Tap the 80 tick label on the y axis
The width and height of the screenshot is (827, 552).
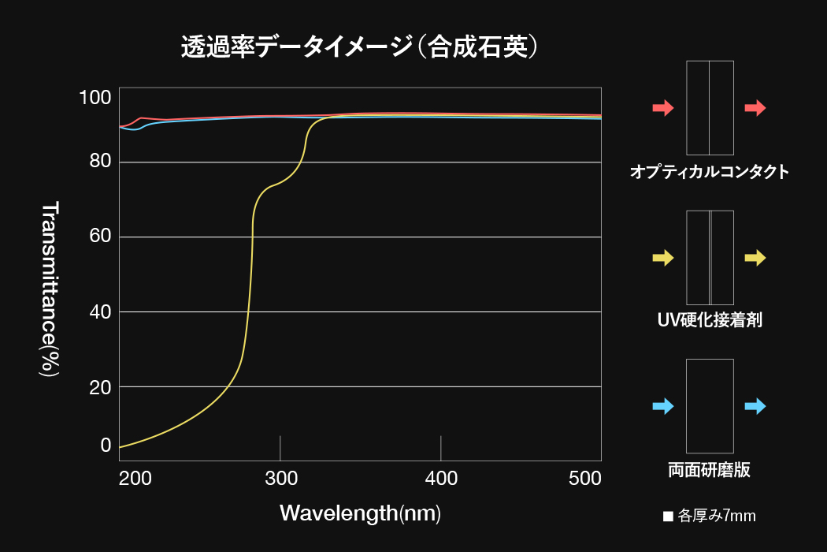pyautogui.click(x=100, y=162)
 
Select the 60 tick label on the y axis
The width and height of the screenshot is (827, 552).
pyautogui.click(x=100, y=237)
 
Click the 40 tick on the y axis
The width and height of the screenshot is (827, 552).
pyautogui.click(x=100, y=311)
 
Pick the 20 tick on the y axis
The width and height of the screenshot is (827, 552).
pyautogui.click(x=100, y=386)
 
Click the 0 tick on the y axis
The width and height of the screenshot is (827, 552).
pyautogui.click(x=106, y=446)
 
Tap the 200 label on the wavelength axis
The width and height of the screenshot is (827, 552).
pyautogui.click(x=135, y=478)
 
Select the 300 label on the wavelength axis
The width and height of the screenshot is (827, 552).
pyautogui.click(x=281, y=478)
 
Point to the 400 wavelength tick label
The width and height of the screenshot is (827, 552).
pyautogui.click(x=441, y=478)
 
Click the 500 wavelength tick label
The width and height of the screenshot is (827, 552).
pyautogui.click(x=584, y=478)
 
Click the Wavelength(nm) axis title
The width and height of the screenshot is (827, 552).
pyautogui.click(x=360, y=513)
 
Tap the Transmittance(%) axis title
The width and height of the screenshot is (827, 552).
pyautogui.click(x=50, y=289)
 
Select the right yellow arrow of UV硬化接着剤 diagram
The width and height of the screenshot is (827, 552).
pyautogui.click(x=755, y=257)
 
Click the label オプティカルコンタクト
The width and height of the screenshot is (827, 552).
pyautogui.click(x=710, y=172)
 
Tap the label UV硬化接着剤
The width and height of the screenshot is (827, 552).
pyautogui.click(x=710, y=321)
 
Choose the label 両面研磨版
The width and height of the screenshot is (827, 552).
pyautogui.click(x=710, y=471)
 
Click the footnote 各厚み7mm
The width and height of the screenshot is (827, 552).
pyautogui.click(x=710, y=517)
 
